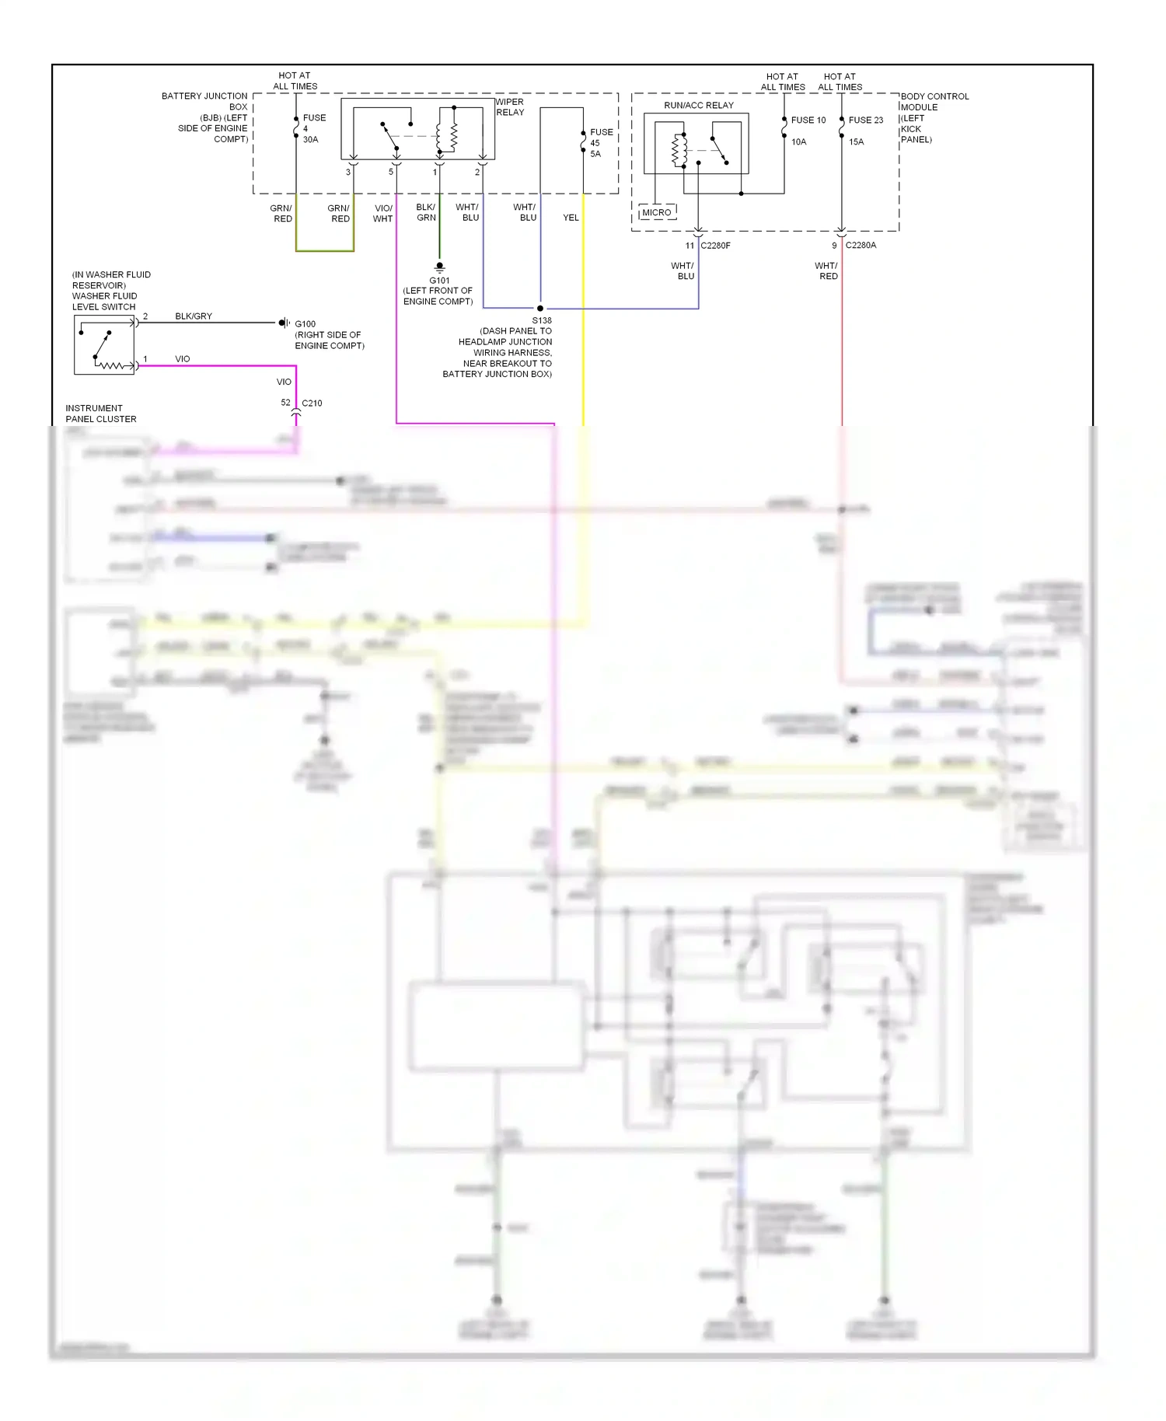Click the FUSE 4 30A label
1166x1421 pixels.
313,128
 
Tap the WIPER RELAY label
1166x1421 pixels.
510,107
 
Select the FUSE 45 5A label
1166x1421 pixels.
600,143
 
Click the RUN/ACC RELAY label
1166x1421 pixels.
698,105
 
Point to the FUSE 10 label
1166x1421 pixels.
808,120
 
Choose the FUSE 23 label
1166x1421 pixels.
865,120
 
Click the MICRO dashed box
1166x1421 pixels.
657,212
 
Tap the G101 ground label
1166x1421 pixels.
439,281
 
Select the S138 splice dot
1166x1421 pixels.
540,309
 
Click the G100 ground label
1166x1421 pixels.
305,324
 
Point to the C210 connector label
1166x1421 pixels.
312,403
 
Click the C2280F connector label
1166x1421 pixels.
715,246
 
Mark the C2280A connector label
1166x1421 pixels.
861,246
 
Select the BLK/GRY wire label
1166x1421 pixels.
194,316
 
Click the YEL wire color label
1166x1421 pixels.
571,218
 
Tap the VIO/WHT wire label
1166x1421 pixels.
383,214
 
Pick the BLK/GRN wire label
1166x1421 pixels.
426,213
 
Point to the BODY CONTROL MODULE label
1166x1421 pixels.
934,117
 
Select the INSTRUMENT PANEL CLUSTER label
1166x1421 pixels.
100,414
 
